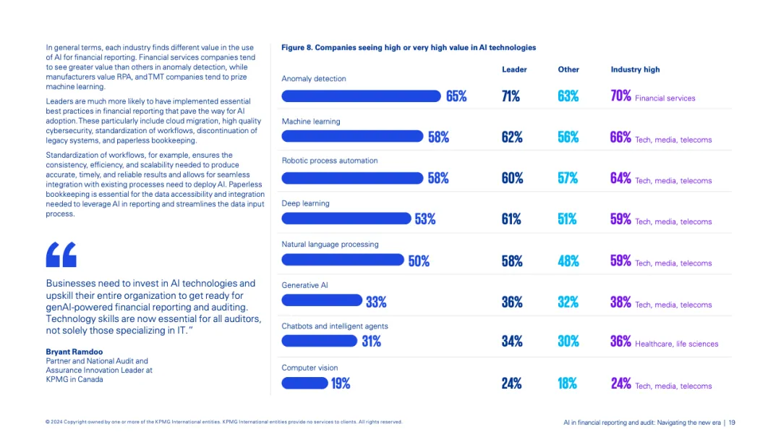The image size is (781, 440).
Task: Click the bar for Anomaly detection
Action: coord(361,96)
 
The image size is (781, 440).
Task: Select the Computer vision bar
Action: coord(304,384)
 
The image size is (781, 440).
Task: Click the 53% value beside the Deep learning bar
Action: coord(425,219)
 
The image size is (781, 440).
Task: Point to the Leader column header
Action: coord(514,69)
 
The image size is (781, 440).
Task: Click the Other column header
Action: coord(568,69)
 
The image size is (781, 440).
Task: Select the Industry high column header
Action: coord(635,69)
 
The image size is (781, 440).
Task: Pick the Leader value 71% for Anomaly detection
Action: coord(511,96)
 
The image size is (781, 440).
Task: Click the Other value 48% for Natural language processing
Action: coord(568,261)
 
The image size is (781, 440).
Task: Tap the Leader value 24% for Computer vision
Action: coord(511,384)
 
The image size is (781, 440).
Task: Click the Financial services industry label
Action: coord(665,98)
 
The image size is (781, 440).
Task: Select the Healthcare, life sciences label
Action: coord(676,344)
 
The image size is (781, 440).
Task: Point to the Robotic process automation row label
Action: coord(330,161)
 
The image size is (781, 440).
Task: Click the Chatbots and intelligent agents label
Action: coord(335,326)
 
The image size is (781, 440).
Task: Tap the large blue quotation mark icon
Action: coord(61,254)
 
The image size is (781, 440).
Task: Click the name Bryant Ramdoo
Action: coord(74,352)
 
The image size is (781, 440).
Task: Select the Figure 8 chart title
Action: coord(409,48)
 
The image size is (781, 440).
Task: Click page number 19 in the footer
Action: coord(732,422)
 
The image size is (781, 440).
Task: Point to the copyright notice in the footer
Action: coord(223,422)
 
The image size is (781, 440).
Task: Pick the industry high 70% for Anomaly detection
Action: coord(620,96)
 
